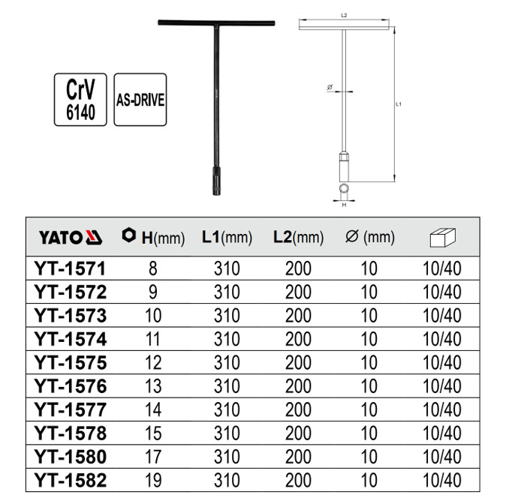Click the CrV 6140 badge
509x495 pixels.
(x=80, y=99)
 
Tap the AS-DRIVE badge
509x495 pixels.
(x=140, y=99)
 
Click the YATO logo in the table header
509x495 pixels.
(x=70, y=238)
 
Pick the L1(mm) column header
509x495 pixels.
(x=227, y=238)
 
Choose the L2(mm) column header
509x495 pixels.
(x=298, y=238)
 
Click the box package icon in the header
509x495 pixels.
(x=443, y=238)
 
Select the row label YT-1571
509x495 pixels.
(x=70, y=268)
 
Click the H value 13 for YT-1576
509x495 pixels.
(x=153, y=385)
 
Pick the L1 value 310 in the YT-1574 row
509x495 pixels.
(x=227, y=338)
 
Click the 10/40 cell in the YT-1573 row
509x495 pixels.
(x=442, y=315)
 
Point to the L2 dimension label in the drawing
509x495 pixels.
(x=343, y=14)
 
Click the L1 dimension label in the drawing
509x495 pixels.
(x=399, y=104)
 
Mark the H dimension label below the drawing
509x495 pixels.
(x=343, y=204)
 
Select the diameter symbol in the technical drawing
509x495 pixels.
(x=330, y=88)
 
